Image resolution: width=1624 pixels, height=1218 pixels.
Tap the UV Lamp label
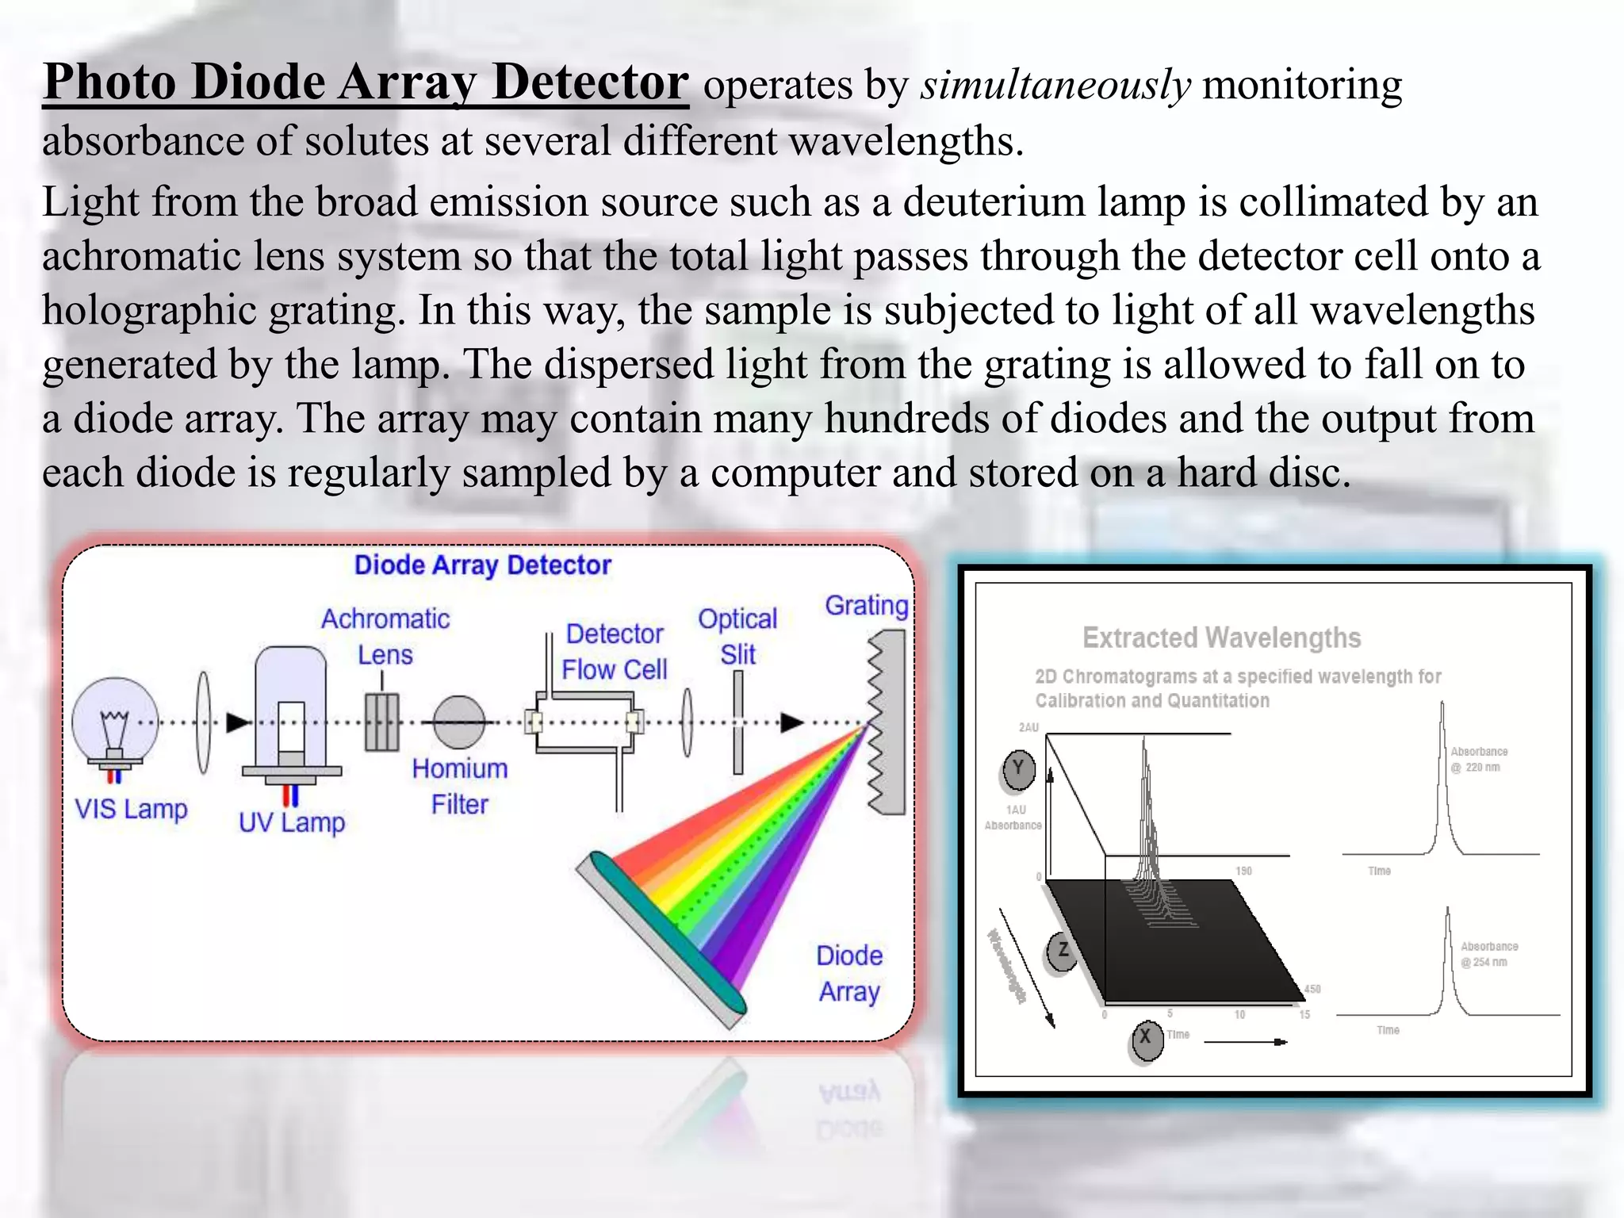coord(292,822)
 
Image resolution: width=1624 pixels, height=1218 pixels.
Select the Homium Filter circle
coord(458,722)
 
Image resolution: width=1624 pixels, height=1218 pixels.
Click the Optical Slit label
coord(737,636)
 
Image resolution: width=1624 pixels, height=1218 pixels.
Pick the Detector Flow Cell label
coord(615,651)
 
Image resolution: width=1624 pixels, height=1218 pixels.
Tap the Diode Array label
coord(849,973)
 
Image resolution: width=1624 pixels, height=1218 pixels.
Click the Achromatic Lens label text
coord(385,636)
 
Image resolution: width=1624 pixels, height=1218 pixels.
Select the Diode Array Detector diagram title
coord(482,565)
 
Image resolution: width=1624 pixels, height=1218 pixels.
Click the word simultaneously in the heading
coord(1055,84)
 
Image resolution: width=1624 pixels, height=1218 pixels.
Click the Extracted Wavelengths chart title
coord(1221,638)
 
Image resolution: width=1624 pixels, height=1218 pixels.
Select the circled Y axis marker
coord(1019,768)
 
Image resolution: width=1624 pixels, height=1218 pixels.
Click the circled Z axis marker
coord(1063,951)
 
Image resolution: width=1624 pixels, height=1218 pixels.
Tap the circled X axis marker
coord(1146,1038)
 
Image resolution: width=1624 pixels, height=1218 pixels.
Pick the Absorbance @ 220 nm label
coord(1478,759)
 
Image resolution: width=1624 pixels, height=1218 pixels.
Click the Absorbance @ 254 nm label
coord(1488,954)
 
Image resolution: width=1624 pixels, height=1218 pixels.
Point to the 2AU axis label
coord(1028,727)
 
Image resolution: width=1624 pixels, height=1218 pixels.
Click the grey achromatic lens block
coord(381,722)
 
